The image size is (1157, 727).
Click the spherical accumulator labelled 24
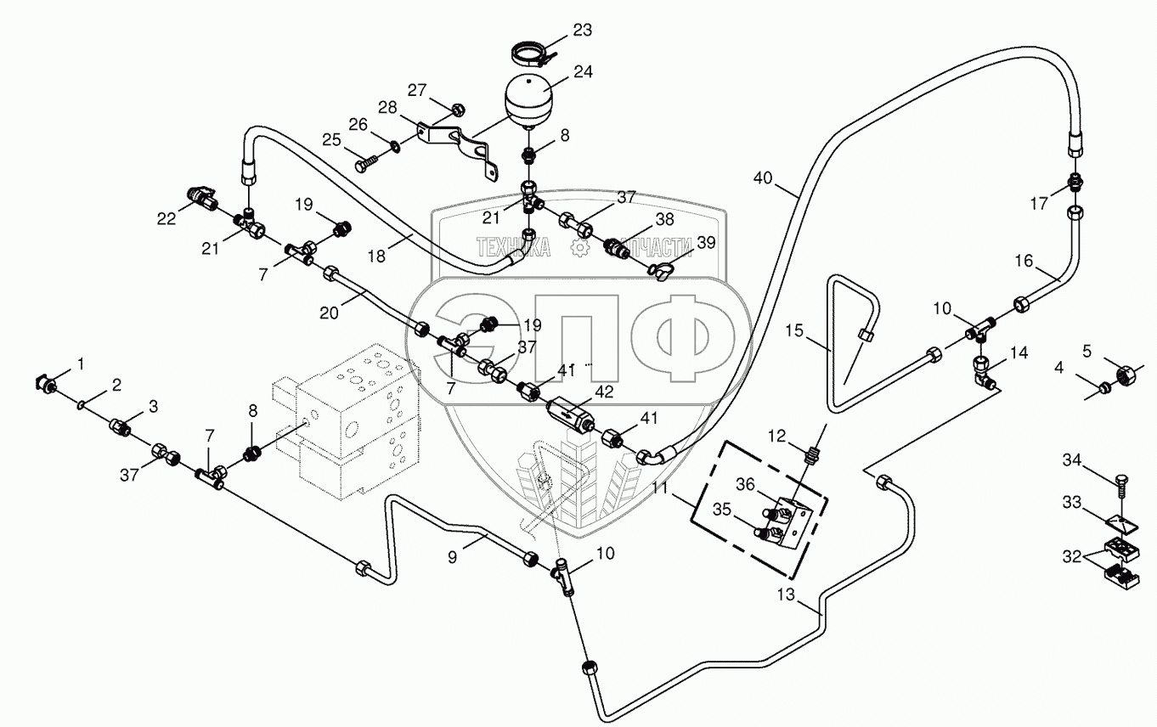528,100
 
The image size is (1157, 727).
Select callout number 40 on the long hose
763,178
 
